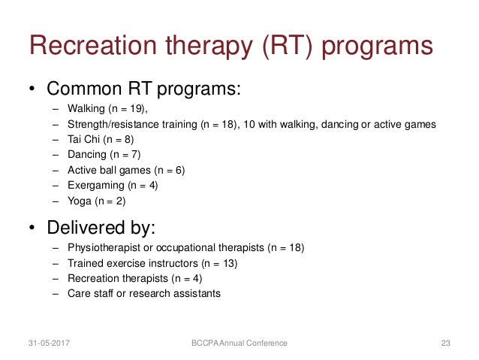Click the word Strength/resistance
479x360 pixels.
112,124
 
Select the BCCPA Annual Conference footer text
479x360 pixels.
239,343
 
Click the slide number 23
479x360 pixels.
445,343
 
